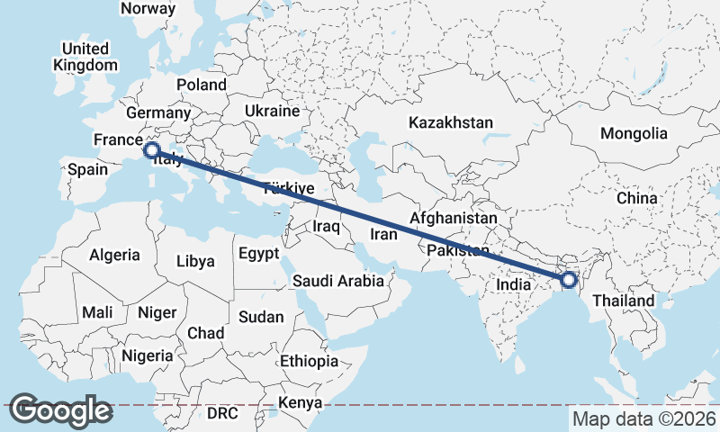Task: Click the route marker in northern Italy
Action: [151, 150]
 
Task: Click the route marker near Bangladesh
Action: [569, 281]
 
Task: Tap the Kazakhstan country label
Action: [451, 122]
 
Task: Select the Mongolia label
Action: [634, 133]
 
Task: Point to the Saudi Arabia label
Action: [338, 281]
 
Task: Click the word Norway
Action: [148, 8]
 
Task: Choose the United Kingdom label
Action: [85, 57]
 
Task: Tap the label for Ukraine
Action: [272, 112]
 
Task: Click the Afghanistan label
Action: [453, 218]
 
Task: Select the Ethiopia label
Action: [309, 361]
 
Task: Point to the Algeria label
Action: [114, 255]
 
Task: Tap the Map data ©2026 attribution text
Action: [643, 418]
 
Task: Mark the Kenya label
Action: [300, 401]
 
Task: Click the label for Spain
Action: [87, 168]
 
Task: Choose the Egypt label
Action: [259, 254]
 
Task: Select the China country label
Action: [637, 197]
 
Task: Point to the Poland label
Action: [202, 85]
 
